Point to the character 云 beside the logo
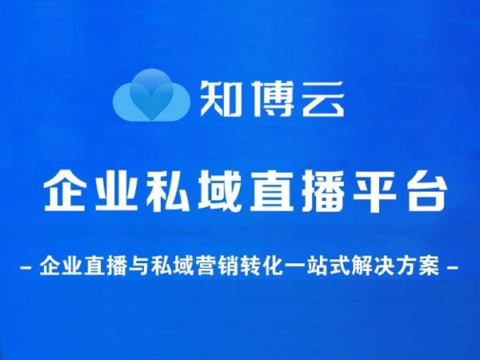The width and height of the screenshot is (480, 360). tap(323, 98)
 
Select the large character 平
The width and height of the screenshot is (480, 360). tap(374, 190)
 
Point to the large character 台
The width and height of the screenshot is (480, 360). tap(426, 190)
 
